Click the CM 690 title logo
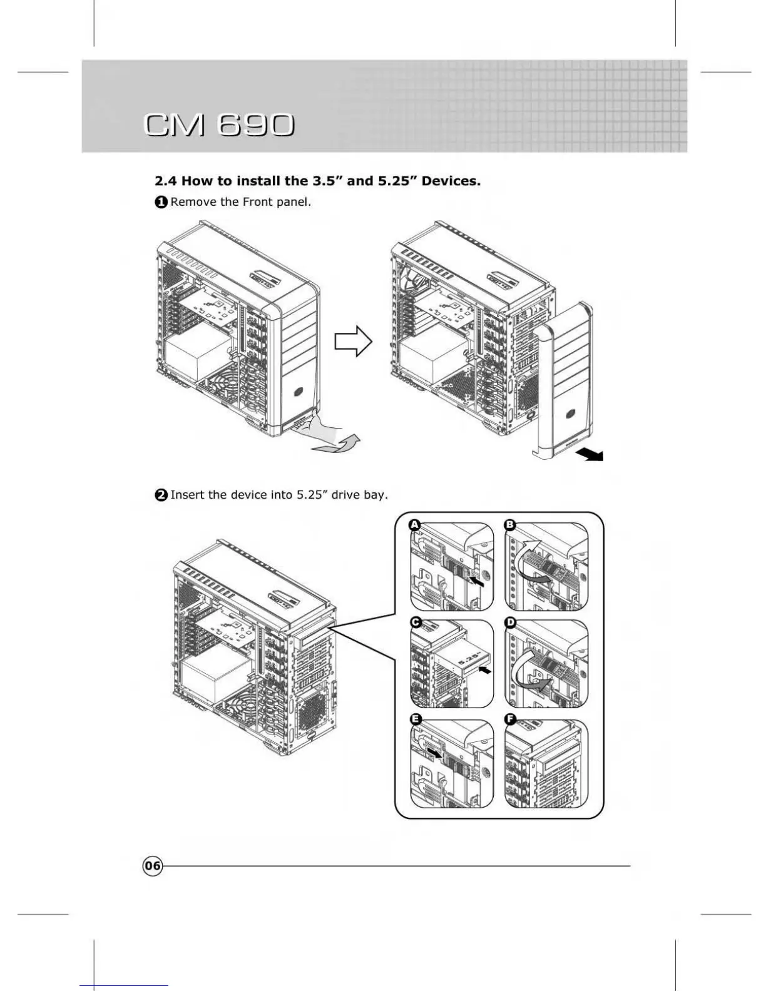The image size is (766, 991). (x=218, y=125)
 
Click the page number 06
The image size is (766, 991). (x=152, y=866)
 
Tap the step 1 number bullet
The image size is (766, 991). (x=161, y=202)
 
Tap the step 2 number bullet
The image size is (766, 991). (x=161, y=495)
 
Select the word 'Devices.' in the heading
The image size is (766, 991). (x=451, y=181)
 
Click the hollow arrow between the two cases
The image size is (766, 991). (x=353, y=341)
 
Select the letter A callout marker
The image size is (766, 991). (x=414, y=524)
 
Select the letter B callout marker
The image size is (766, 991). (x=510, y=524)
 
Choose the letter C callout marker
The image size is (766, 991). (x=415, y=623)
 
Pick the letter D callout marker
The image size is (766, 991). (x=510, y=623)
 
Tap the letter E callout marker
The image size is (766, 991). (x=415, y=719)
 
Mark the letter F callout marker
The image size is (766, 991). (x=510, y=719)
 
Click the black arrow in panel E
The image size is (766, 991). (x=433, y=751)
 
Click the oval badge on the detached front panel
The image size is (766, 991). (x=571, y=414)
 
